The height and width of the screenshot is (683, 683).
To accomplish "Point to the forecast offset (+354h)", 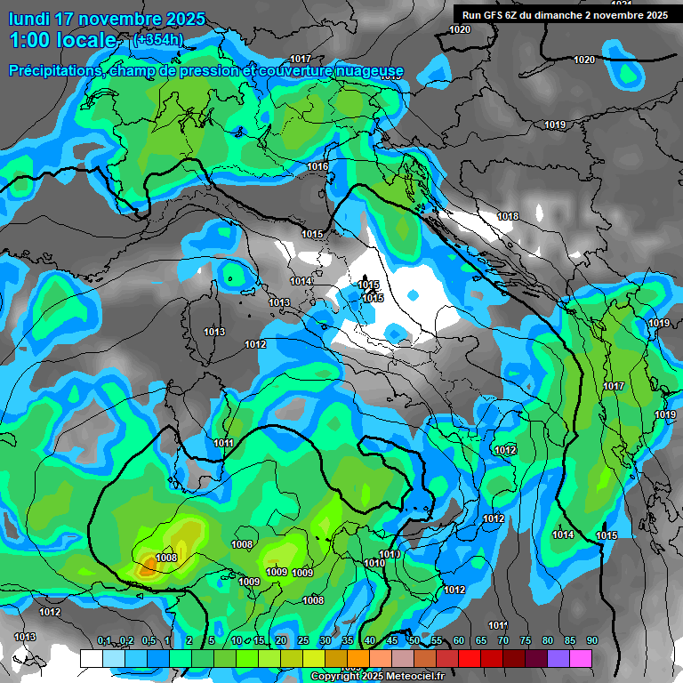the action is (157, 40).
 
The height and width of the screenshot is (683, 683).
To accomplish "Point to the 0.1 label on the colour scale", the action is (104, 641).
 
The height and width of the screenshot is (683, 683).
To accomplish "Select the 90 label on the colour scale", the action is (591, 641).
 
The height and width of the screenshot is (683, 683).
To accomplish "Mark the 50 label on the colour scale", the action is (414, 641).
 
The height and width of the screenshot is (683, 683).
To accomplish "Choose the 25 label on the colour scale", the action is (303, 641).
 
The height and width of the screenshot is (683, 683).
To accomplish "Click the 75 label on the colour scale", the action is (526, 641).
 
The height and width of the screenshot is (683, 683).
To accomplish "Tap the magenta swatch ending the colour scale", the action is (581, 657).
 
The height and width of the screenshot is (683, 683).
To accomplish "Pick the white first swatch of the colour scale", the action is (91, 657).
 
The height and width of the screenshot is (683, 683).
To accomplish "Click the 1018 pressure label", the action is (508, 216).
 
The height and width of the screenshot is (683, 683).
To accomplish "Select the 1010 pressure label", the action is (374, 563).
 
